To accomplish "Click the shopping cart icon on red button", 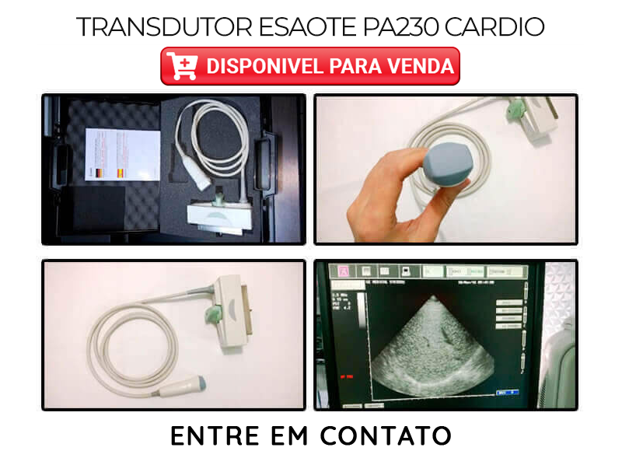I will [x=182, y=66].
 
